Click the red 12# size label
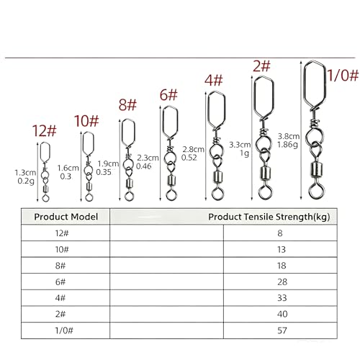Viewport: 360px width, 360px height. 45,131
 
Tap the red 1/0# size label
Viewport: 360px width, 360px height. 343,75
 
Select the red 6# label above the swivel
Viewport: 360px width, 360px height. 168,94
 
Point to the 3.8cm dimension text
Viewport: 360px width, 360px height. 289,136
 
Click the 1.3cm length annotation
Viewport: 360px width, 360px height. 25,173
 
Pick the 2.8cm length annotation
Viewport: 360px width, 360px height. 193,149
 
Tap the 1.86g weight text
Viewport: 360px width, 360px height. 287,145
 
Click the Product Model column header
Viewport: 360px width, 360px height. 66,217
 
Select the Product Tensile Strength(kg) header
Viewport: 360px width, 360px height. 269,217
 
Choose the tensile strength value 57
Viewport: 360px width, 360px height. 282,330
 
